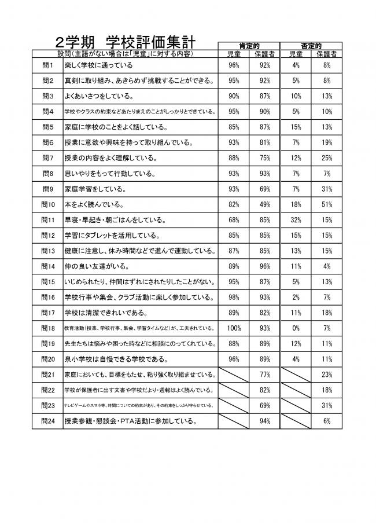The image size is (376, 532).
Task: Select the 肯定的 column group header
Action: [x=249, y=45]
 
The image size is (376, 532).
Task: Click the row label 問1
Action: [x=48, y=65]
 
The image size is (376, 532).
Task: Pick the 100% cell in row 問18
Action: [x=234, y=328]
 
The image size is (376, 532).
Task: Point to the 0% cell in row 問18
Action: [x=296, y=328]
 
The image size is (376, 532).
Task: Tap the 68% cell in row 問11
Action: [x=234, y=220]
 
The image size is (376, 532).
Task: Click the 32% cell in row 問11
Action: [x=296, y=220]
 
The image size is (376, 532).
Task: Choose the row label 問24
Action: [x=48, y=421]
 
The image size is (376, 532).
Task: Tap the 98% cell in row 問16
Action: [x=234, y=297]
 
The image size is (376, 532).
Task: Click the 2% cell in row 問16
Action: [x=296, y=297]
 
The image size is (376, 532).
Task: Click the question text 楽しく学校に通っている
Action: [x=99, y=65]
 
